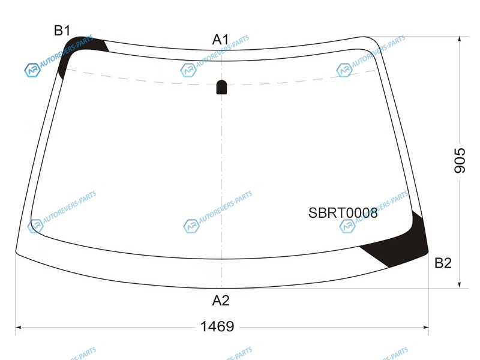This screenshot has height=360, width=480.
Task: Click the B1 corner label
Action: [x=62, y=31]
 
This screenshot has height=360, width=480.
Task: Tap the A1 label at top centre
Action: [x=220, y=40]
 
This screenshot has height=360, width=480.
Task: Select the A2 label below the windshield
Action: [x=221, y=301]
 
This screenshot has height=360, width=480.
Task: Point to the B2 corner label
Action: [x=443, y=263]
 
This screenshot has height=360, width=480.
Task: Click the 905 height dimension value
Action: [x=460, y=160]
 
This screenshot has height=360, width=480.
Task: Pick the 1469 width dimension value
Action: [x=217, y=326]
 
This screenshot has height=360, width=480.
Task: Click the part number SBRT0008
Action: [x=343, y=213]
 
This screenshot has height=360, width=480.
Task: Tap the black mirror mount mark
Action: [x=221, y=87]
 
